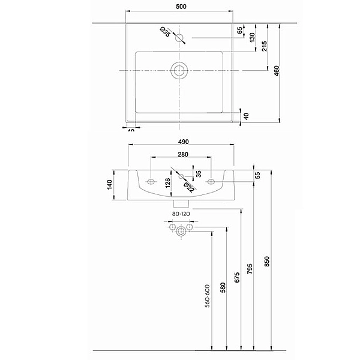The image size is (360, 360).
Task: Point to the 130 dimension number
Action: point(253,37)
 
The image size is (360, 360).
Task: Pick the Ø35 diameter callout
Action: point(164,31)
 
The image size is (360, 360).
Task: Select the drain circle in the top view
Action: point(179,70)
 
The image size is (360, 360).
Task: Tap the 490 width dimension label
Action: point(183,142)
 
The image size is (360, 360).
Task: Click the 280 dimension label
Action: point(183,155)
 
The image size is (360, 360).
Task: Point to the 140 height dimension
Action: point(110,185)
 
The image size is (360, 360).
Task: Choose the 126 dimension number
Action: point(167,182)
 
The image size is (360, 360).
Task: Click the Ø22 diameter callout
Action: point(188,188)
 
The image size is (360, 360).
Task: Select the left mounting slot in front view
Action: point(151,180)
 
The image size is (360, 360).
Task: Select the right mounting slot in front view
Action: point(212,180)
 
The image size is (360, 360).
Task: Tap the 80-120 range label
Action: point(180,214)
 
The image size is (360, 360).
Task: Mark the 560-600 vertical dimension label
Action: point(207,296)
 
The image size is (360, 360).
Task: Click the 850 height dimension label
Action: point(267,262)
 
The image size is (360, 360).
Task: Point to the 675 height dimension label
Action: point(236,278)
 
